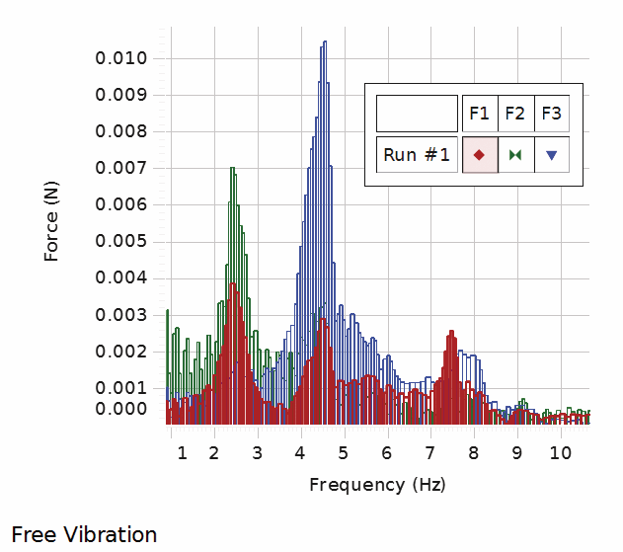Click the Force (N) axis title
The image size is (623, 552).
tap(52, 224)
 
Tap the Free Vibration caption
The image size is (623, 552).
tap(84, 535)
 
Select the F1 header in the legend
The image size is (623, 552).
tap(479, 114)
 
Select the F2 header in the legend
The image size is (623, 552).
tap(514, 114)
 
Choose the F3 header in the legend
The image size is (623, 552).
tap(551, 114)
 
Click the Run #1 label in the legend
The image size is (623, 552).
tap(417, 155)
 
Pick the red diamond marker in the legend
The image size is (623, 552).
tap(479, 155)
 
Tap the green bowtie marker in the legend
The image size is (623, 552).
tap(514, 155)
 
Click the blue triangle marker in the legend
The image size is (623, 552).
tap(551, 155)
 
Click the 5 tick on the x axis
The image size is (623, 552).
tap(343, 453)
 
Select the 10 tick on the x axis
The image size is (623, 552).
tap(560, 453)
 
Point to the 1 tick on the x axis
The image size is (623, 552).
tap(181, 453)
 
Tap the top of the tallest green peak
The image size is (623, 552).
tap(233, 167)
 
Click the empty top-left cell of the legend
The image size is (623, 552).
tap(417, 114)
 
